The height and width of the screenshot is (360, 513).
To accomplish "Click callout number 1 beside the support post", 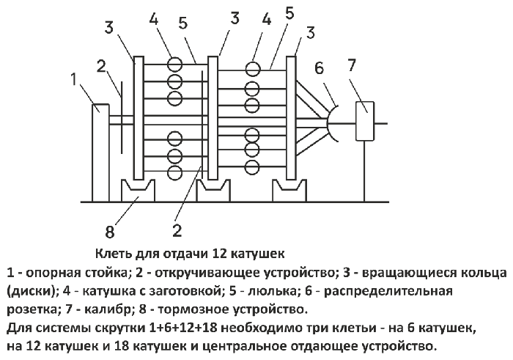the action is tap(74, 79).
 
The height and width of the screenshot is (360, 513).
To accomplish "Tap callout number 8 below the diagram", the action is tap(110, 232).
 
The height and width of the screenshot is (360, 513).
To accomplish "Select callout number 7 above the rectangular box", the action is tap(351, 65).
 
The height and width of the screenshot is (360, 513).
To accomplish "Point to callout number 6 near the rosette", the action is tap(319, 68).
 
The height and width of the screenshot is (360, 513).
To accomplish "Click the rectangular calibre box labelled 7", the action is tap(365, 121).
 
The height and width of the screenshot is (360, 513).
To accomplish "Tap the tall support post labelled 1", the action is tap(100, 153).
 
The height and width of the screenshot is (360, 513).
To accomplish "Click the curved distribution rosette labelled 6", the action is tap(331, 123).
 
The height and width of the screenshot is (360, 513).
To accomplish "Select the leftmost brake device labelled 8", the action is tap(138, 191).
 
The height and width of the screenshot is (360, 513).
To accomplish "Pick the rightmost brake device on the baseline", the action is tap(289, 191).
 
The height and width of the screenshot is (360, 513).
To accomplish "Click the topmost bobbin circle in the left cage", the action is tap(174, 65).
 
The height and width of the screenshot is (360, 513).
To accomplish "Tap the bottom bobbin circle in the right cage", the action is tap(253, 168).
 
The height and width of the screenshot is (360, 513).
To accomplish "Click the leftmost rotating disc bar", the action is tap(139, 118).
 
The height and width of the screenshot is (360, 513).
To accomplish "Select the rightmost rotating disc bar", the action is tap(291, 118).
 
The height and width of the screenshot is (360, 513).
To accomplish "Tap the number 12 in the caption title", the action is tap(220, 254).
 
